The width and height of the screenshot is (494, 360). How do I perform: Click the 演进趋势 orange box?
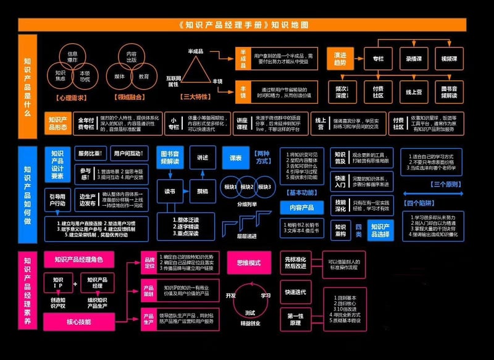[x=340, y=59]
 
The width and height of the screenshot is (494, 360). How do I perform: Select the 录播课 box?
[x=414, y=59]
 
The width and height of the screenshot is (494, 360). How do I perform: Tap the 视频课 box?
[x=449, y=59]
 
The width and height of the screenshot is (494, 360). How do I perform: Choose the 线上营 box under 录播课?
[x=414, y=91]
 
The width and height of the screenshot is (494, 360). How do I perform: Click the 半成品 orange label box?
[x=243, y=57]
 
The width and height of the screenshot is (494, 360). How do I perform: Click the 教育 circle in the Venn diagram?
[x=144, y=77]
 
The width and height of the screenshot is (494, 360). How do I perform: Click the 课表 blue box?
[x=235, y=157]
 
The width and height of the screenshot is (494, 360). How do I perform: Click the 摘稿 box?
[x=203, y=191]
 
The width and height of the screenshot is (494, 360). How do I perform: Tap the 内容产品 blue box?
[x=303, y=207]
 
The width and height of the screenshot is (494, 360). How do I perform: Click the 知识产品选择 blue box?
[x=379, y=230]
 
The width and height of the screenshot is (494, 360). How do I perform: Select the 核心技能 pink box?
[x=79, y=322]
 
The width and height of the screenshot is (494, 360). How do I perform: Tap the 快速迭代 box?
[x=295, y=291]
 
